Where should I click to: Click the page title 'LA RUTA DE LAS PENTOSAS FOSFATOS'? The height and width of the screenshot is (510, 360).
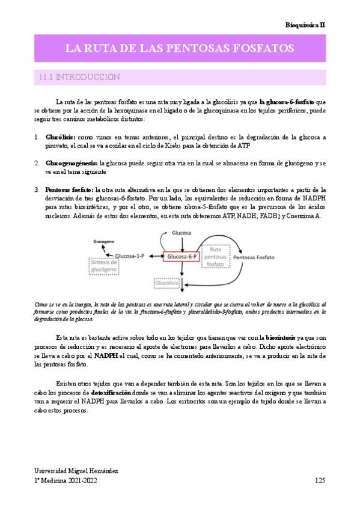(x=179, y=48)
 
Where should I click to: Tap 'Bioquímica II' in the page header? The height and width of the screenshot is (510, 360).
(x=305, y=25)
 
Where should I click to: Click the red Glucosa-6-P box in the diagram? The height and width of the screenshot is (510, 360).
(x=183, y=257)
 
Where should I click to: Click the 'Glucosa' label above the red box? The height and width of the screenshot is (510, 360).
(x=182, y=232)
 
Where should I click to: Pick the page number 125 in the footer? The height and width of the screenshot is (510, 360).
(x=319, y=481)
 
